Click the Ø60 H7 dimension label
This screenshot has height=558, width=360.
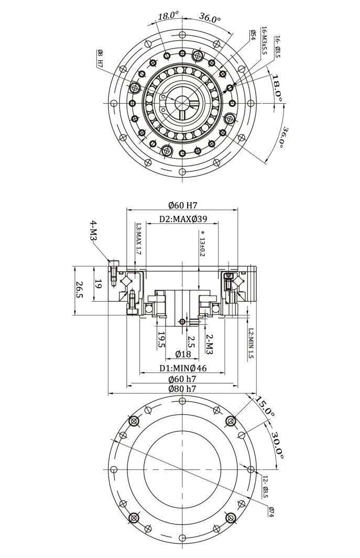[x=183, y=205]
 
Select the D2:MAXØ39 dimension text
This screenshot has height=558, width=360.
[x=183, y=218]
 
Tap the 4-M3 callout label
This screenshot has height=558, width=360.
[x=93, y=231]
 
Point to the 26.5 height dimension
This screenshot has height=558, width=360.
[x=80, y=290]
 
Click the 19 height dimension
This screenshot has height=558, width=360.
[x=99, y=284]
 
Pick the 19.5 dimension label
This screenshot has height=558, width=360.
[x=161, y=340]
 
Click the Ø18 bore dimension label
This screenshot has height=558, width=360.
[x=183, y=354]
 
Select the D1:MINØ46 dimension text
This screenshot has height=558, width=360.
[x=183, y=368]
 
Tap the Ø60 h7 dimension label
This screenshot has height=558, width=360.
[x=182, y=379]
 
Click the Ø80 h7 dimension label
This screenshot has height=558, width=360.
[x=182, y=389]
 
